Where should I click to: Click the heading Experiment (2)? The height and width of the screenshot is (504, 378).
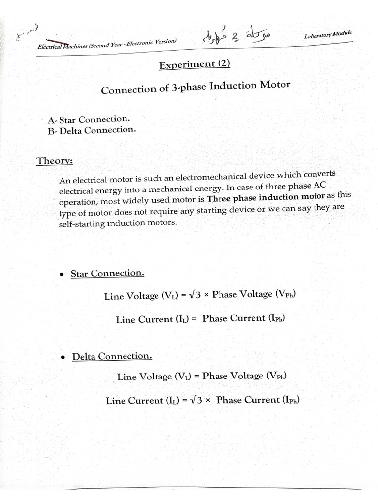[x=194, y=64]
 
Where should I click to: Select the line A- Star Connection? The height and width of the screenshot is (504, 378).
[x=89, y=119]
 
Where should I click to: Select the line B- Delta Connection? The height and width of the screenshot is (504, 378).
[x=91, y=130]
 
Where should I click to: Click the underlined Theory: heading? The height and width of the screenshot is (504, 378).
[x=55, y=161]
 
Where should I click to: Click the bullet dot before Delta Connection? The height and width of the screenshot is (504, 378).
[x=63, y=358]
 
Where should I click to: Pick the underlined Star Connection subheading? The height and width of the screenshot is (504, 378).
[x=107, y=273]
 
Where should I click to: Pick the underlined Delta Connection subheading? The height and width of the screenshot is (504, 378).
[x=112, y=356]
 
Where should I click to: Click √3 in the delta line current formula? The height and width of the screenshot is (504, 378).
[x=197, y=400]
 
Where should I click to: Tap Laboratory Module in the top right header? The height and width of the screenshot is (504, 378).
[x=328, y=35]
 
